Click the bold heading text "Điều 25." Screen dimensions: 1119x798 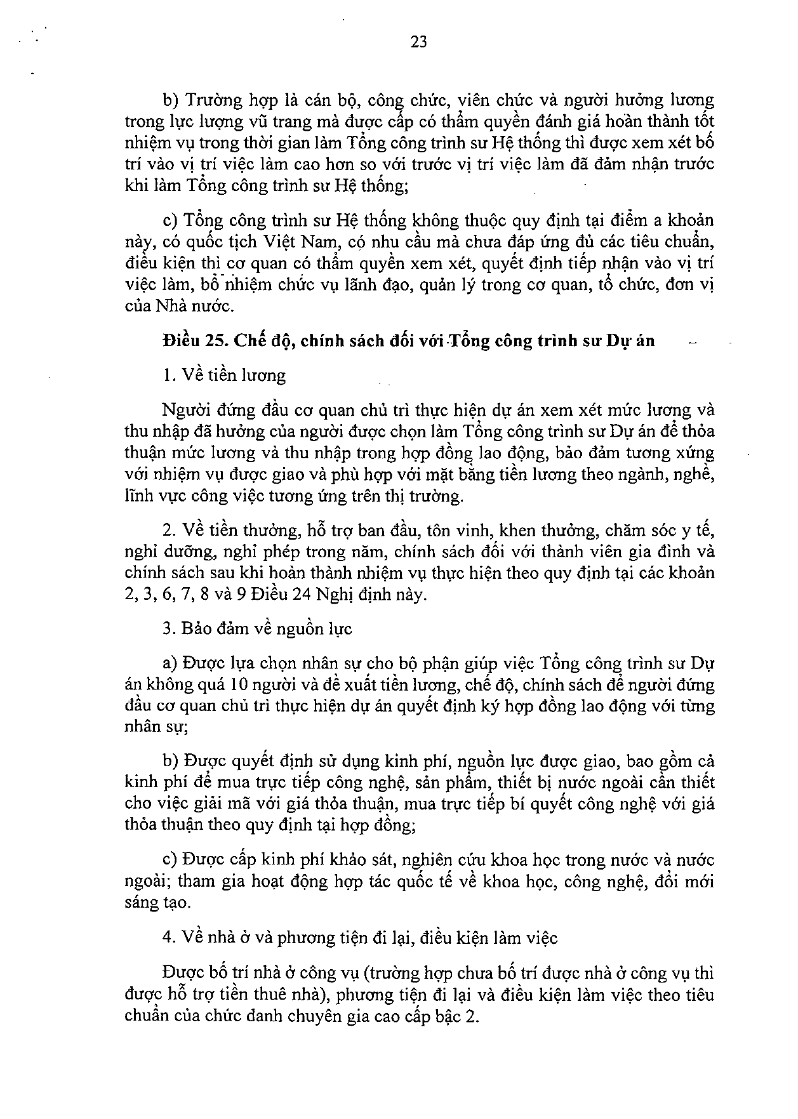(194, 340)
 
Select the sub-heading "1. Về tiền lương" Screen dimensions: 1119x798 (224, 375)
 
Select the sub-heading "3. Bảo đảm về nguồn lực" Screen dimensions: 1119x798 (257, 629)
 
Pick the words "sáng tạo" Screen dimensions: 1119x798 (157, 902)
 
